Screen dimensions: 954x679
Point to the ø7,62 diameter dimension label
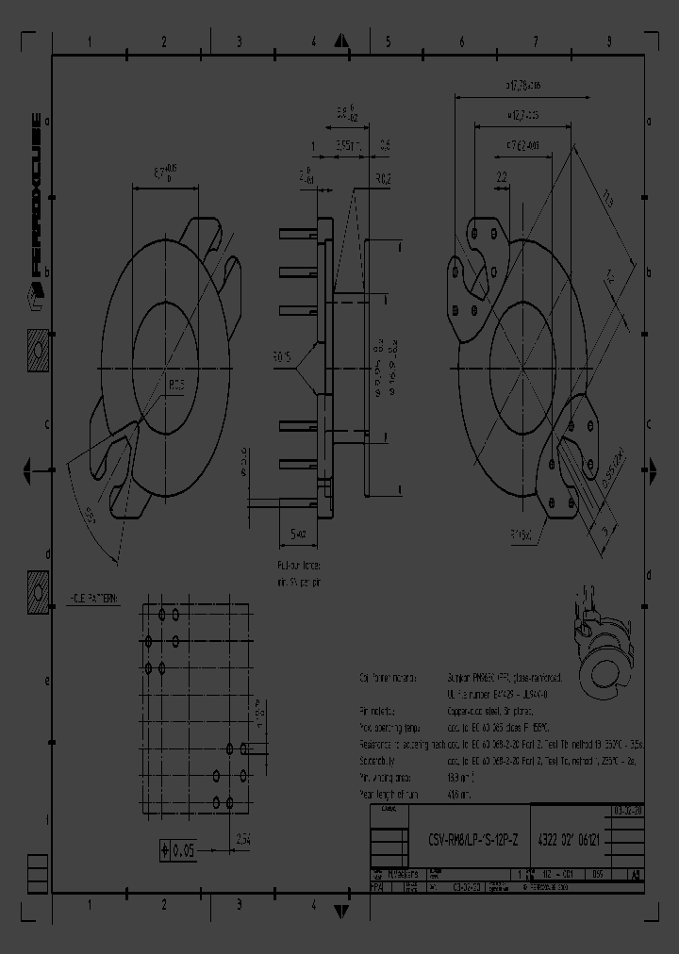click(x=523, y=146)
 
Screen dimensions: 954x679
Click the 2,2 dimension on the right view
click(x=501, y=176)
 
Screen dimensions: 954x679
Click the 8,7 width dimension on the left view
click(x=165, y=173)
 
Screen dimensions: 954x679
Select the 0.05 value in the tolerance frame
click(x=180, y=850)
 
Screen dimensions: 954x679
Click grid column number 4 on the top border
click(x=313, y=42)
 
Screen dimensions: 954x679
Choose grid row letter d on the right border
click(x=649, y=574)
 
